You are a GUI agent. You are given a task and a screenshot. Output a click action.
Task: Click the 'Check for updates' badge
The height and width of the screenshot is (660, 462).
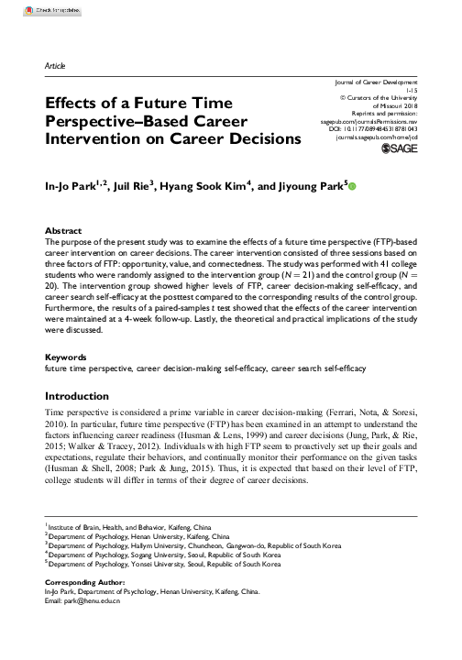point(28,8)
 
